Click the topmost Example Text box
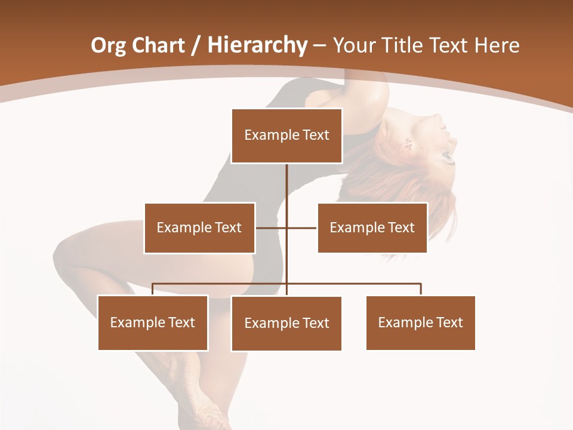[286, 136]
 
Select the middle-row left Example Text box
[199, 228]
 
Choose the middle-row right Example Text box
[372, 228]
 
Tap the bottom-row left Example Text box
[153, 322]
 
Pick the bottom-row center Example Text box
[286, 323]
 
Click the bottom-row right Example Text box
[421, 322]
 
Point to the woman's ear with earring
[409, 143]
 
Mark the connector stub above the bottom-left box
[153, 289]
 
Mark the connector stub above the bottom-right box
[421, 289]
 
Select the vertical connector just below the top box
[286, 179]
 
